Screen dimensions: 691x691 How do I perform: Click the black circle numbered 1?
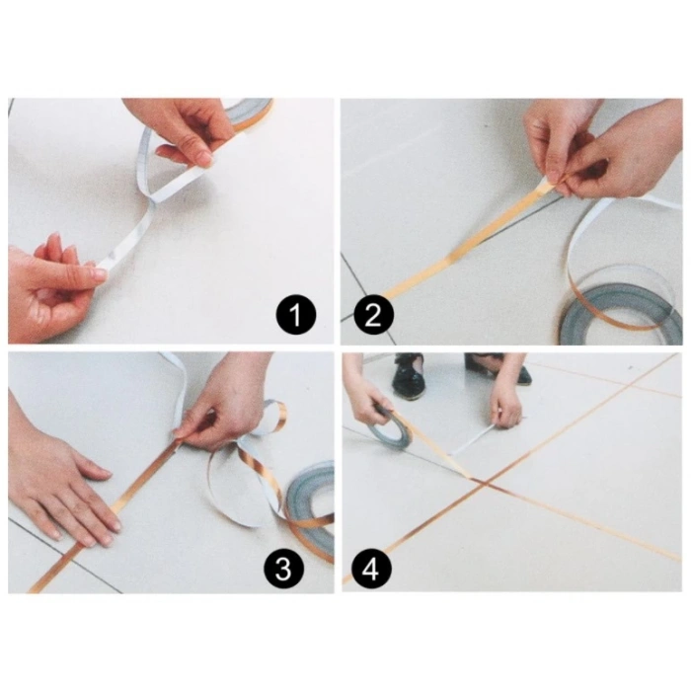(x=296, y=317)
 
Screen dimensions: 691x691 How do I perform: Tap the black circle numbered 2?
(x=372, y=317)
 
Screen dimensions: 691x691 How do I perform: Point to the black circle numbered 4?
(x=372, y=570)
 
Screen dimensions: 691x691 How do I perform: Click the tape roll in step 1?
(x=249, y=112)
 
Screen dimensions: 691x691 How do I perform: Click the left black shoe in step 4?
(x=408, y=377)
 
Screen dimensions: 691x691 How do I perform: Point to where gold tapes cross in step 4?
(x=480, y=481)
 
